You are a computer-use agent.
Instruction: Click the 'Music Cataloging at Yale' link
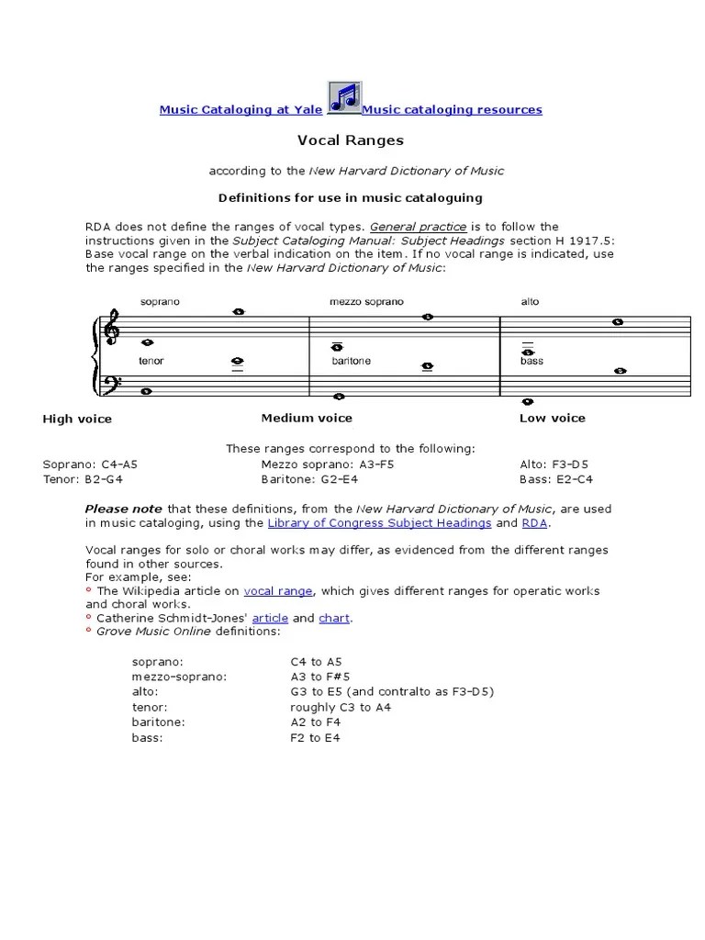coord(241,109)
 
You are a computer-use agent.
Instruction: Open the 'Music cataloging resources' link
coord(452,109)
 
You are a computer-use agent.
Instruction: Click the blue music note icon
coord(343,98)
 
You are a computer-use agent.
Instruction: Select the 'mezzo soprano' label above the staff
coord(366,302)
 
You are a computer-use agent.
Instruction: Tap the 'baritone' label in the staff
coord(352,361)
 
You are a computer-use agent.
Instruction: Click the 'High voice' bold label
coord(77,419)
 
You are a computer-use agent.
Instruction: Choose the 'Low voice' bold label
coord(552,418)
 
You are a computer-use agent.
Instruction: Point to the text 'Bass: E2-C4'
coord(556,479)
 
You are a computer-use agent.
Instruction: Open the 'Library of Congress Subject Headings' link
coord(379,522)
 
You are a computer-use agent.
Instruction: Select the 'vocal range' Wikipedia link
coord(278,591)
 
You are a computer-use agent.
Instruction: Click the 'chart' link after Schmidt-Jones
coord(334,619)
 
